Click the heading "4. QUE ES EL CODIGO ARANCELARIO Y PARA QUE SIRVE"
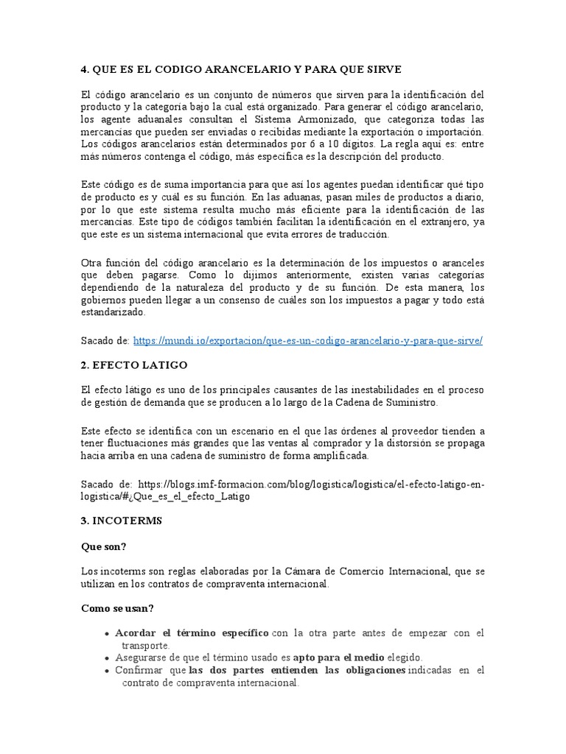(240, 69)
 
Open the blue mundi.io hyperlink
(308, 341)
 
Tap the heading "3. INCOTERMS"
(121, 521)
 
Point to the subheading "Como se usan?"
(116, 608)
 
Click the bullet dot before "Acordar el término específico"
(108, 634)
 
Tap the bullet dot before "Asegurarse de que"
(108, 658)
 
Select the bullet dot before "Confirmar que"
(108, 671)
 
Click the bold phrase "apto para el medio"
(337, 658)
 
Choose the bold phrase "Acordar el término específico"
(192, 633)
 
